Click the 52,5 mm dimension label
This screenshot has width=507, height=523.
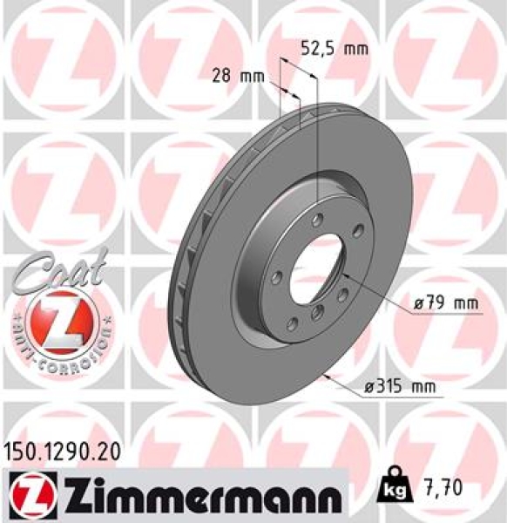click(334, 49)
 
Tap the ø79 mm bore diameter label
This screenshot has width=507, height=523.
click(448, 303)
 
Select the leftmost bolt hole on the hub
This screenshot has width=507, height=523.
click(276, 278)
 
